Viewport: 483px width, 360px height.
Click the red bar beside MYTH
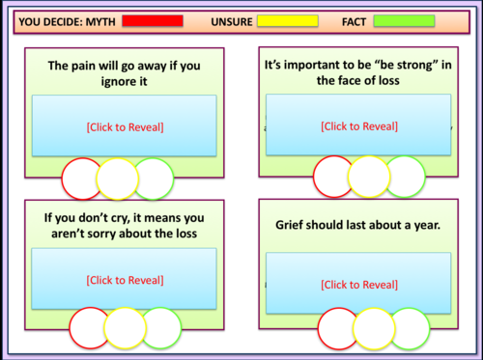(x=151, y=20)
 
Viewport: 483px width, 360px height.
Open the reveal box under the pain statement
(x=125, y=125)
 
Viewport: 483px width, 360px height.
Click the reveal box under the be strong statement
(x=357, y=125)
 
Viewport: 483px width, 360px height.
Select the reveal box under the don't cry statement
(x=125, y=280)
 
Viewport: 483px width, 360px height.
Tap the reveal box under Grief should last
(x=357, y=284)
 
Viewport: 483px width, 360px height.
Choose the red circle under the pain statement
(x=83, y=179)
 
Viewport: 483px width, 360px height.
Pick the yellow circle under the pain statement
(x=118, y=179)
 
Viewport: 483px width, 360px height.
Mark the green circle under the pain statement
(x=153, y=179)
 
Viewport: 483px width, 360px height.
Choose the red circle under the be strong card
(x=334, y=177)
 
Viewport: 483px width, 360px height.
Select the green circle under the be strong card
(x=404, y=177)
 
